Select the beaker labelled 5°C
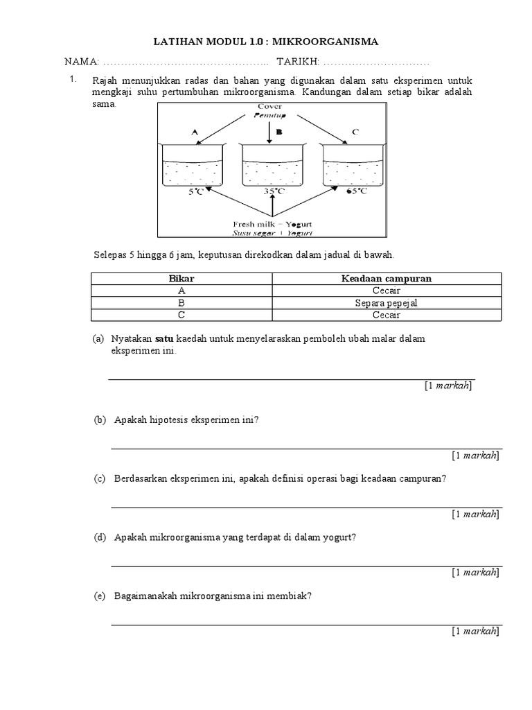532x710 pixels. (193, 167)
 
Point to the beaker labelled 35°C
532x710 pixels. (274, 167)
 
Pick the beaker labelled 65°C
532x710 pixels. (355, 167)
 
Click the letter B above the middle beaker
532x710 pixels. (278, 131)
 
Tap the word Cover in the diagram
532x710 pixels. (269, 106)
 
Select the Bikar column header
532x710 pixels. (181, 278)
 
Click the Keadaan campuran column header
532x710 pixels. (386, 278)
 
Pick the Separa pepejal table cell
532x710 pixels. (386, 303)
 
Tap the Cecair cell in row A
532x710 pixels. (386, 291)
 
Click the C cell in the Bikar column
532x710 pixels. (181, 315)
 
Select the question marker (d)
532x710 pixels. (100, 537)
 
